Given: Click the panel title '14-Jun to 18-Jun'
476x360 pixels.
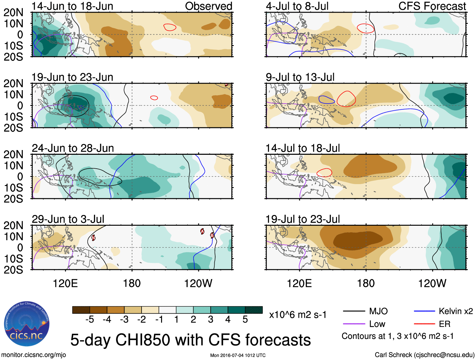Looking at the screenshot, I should pos(72,6).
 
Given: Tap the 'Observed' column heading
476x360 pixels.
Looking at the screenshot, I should pos(208,6).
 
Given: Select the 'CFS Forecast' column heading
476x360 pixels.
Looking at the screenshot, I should pos(432,6).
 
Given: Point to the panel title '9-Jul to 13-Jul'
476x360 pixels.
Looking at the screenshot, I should pos(300,77).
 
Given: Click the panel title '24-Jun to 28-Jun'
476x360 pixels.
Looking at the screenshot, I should pos(73,148).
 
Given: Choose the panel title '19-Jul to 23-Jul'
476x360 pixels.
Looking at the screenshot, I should pos(303,219).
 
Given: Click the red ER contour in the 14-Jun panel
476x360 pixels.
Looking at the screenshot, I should pos(170,27).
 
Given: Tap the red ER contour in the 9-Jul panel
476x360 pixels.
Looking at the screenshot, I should pos(346,99).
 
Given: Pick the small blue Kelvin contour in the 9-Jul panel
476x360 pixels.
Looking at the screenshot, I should pos(326,100).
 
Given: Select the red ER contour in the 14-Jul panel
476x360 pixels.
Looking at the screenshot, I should pos(324,173).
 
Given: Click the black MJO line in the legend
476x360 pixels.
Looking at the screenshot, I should pos(354,311).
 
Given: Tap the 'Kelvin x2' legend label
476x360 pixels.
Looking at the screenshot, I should pos(456,311).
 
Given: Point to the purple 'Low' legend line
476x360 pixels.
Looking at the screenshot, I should pos(354,324).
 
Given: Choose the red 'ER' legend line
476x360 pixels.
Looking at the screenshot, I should pos(424,324).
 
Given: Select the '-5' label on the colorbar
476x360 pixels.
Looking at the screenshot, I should pos(90,320).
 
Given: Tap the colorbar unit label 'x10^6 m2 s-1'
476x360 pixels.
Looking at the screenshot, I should pos(298,315).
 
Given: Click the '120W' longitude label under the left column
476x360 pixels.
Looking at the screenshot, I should pos(198,283).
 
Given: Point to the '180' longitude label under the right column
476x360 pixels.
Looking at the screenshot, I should pos(366,283).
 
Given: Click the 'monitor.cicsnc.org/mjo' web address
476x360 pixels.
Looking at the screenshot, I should pos(34,355).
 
